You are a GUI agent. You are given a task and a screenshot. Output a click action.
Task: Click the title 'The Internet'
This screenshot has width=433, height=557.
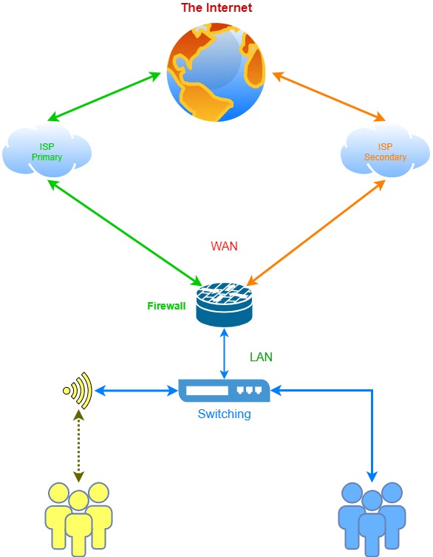point(216,7)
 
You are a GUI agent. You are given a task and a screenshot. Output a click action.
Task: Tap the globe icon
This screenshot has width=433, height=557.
point(216,72)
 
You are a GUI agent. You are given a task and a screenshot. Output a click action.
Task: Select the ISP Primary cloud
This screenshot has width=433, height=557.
point(47,151)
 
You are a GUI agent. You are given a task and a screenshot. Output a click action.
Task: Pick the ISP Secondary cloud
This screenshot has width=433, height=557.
point(386,151)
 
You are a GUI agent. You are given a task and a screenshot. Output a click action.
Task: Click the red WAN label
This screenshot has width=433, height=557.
point(224,246)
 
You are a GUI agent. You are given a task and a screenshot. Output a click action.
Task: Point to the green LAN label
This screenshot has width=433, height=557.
point(261,357)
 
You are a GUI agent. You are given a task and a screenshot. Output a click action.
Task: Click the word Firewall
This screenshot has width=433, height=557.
point(166,306)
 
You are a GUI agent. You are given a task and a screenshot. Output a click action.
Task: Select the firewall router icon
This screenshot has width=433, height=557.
point(224,305)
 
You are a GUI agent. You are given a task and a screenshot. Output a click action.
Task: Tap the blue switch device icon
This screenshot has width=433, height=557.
point(224,391)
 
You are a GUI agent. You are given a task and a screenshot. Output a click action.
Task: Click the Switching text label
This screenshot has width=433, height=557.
point(224,414)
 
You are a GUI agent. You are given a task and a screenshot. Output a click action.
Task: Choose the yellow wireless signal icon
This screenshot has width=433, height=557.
point(78,391)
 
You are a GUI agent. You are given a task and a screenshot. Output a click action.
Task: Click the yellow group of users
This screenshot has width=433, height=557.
point(78,519)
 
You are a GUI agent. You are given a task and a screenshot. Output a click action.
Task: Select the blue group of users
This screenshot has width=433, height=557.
point(372,519)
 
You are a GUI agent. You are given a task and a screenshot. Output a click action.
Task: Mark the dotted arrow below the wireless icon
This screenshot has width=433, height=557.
point(78,445)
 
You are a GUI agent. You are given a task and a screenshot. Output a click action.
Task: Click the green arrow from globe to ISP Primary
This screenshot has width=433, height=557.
point(104,97)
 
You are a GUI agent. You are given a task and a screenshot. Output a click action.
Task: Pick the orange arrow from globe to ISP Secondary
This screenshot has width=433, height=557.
point(329,97)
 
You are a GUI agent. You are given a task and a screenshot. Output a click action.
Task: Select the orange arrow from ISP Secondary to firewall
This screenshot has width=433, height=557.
point(316,233)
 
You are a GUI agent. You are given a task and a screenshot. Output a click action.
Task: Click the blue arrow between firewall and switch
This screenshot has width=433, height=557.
point(224,353)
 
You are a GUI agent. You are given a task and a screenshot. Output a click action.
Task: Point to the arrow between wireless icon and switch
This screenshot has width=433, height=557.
point(136,391)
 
